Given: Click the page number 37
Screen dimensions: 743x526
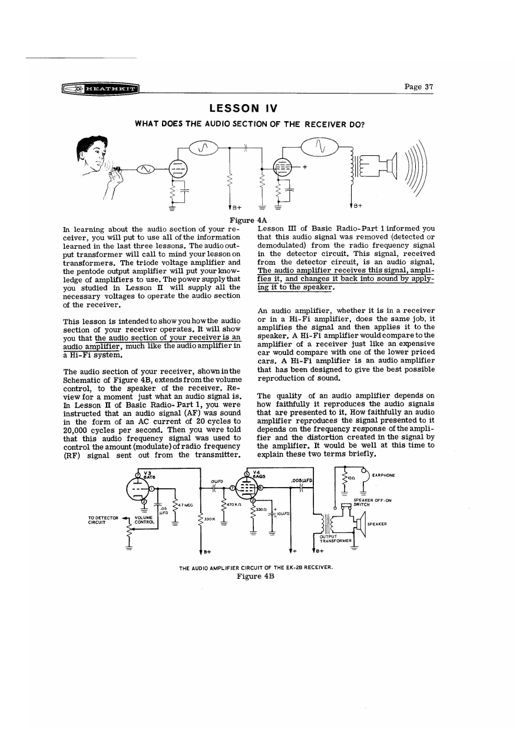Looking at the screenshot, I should pos(419,86).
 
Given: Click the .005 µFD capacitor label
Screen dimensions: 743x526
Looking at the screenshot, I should pos(300,480).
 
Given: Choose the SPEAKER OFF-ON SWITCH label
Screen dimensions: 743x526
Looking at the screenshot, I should pos(369,502).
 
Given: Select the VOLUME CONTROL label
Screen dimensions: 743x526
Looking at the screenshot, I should pos(144,519).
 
